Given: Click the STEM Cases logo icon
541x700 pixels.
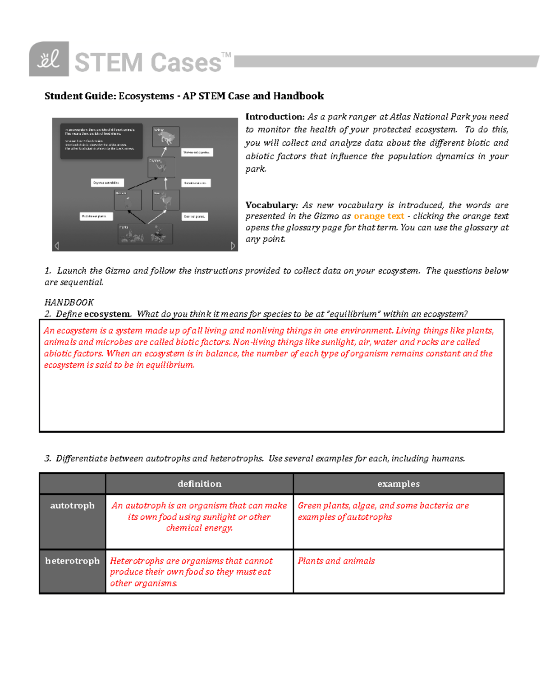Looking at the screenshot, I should coord(49,59).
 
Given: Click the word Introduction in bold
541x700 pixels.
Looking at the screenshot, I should coord(275,117).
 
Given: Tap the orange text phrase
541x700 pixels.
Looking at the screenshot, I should coord(379,216).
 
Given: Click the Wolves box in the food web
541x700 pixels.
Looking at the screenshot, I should coord(166,137).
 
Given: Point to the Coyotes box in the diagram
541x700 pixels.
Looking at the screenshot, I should coord(161,167).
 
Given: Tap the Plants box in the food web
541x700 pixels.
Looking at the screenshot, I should coord(145,234).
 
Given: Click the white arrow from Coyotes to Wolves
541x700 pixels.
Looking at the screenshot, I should coord(164,152).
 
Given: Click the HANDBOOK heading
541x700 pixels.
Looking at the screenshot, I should coord(69,302).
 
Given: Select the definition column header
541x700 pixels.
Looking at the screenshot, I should coord(199,484).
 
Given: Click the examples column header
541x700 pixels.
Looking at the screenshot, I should coord(399,484).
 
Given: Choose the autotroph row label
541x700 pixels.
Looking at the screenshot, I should coord(72,506).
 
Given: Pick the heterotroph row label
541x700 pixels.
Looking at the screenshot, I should coord(72,561).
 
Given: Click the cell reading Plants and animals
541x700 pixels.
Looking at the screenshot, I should coord(336,561).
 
